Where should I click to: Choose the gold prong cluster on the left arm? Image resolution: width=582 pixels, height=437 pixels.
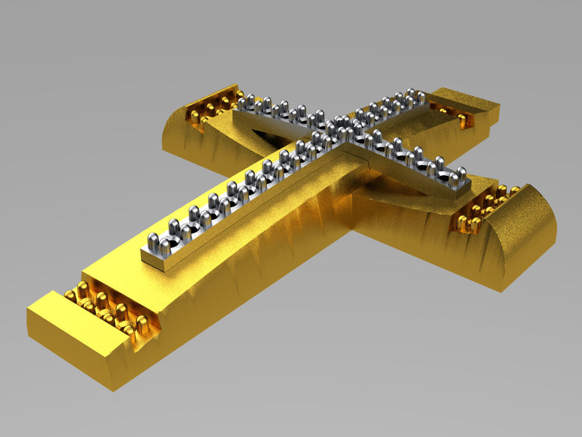[214, 107]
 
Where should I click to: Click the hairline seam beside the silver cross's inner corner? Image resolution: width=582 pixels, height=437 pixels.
[359, 157]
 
